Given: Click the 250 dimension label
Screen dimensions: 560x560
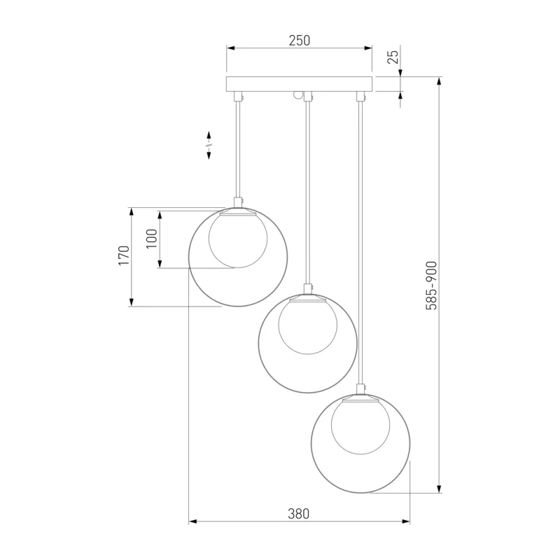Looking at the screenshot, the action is click(x=300, y=41).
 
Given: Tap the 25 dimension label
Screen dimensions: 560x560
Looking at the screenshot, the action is click(x=393, y=57).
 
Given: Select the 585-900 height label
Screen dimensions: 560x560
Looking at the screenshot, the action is click(x=431, y=286).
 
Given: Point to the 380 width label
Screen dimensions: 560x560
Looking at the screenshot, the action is click(x=299, y=514).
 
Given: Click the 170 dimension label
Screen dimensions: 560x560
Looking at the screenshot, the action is click(x=124, y=255).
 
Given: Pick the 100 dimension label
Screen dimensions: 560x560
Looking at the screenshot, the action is click(x=152, y=239).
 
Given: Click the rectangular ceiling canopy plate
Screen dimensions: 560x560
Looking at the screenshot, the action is click(x=300, y=84).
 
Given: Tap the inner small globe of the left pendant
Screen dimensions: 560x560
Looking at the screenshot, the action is click(x=238, y=239).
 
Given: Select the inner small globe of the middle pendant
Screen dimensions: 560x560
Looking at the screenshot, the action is click(x=307, y=326).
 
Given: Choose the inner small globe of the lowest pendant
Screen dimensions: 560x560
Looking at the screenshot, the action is click(x=360, y=426).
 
